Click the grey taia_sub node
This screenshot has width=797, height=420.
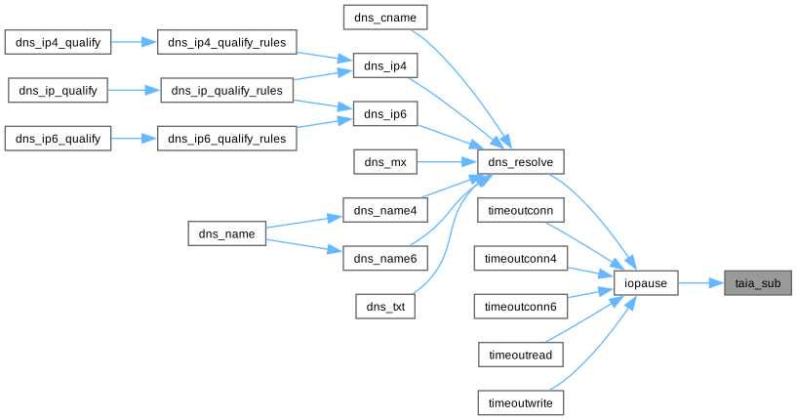[x=757, y=283]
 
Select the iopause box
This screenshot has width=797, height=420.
[x=646, y=283]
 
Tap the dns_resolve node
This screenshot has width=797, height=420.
[x=521, y=161]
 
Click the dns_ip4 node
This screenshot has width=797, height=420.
[x=385, y=65]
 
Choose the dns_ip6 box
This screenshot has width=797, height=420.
[x=385, y=114]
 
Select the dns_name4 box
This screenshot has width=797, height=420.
[x=385, y=210]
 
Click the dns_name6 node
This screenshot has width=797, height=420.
[x=385, y=258]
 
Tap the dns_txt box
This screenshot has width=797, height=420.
[x=385, y=307]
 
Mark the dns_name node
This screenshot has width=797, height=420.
[x=226, y=233]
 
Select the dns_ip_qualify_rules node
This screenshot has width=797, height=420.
[x=226, y=91]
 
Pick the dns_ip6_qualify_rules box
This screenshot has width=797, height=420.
[x=226, y=139]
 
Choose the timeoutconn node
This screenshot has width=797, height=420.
[x=521, y=210]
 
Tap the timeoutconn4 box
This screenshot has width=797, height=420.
[x=521, y=258]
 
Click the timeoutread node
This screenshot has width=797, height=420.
[x=521, y=355]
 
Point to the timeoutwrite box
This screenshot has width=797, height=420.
[x=521, y=402]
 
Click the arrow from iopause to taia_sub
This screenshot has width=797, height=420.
[x=698, y=283]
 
